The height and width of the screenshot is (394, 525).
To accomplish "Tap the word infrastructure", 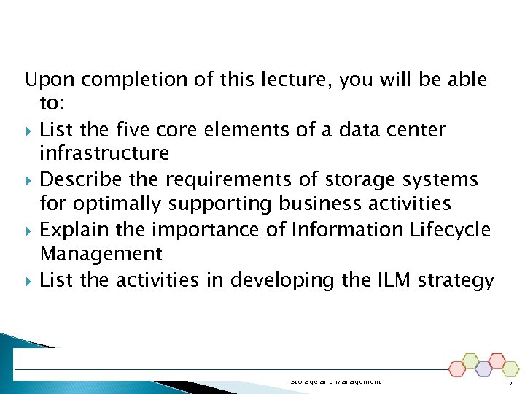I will [x=104, y=154].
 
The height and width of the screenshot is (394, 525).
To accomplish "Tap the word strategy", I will [x=456, y=279].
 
